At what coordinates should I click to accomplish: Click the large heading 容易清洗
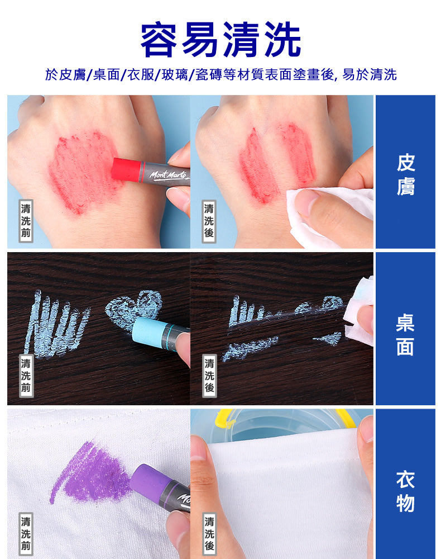pos(220,39)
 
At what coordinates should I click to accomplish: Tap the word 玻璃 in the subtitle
pos(174,74)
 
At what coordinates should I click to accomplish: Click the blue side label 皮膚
pos(405,174)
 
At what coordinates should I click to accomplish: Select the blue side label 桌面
pos(405,335)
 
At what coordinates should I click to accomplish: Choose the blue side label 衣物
pos(405,491)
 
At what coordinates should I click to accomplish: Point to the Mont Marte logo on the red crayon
pos(168,175)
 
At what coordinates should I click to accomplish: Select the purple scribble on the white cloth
pos(91,471)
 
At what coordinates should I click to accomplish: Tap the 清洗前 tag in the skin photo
pos(26,221)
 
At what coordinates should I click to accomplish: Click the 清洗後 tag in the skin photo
pos(209,221)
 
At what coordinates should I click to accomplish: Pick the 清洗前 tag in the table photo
pos(26,376)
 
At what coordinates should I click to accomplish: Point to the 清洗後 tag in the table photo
pos(209,376)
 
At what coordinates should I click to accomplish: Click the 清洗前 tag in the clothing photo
pos(26,534)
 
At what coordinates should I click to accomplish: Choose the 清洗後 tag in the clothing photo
pos(209,534)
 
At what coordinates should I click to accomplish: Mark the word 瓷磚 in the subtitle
pos(209,74)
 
